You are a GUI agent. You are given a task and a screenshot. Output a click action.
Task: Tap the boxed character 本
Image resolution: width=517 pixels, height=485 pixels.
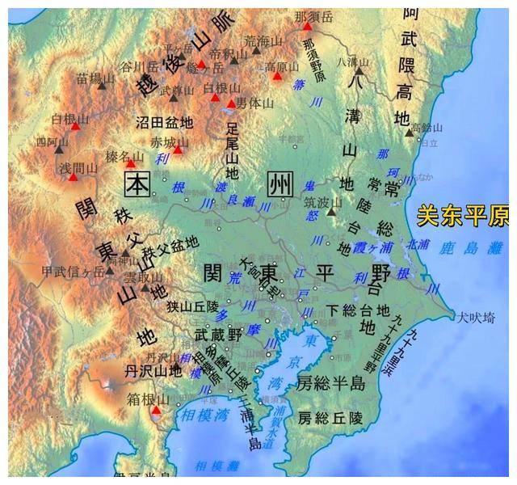(x=138, y=184)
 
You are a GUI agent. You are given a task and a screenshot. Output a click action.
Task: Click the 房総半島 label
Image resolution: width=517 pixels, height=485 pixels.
(x=331, y=383)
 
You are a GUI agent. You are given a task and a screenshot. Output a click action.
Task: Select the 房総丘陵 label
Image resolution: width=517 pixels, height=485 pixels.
(x=331, y=418)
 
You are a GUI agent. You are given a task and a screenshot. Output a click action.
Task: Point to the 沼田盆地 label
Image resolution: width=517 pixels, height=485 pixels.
(x=164, y=122)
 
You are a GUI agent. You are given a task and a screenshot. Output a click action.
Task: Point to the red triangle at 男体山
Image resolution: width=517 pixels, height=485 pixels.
(x=231, y=103)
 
